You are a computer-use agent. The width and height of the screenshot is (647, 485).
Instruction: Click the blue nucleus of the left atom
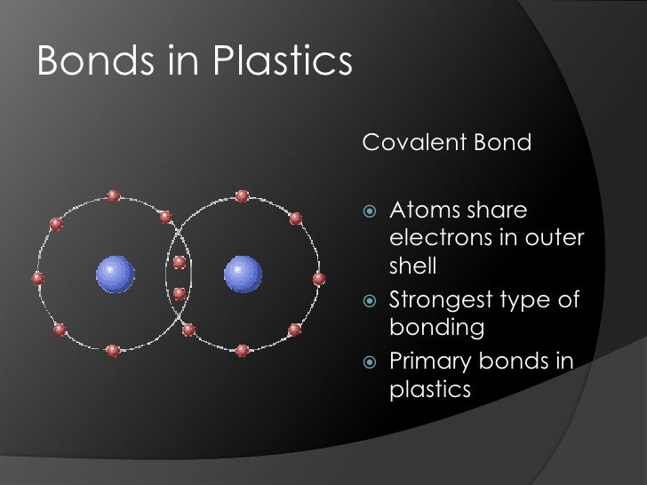click(x=116, y=274)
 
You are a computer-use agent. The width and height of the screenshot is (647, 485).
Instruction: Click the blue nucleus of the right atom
click(x=243, y=274)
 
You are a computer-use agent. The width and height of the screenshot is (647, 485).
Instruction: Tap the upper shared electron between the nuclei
click(x=180, y=262)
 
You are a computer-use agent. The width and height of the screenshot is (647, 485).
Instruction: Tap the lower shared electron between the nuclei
click(x=180, y=293)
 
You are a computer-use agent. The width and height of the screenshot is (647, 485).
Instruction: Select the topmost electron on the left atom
click(x=113, y=196)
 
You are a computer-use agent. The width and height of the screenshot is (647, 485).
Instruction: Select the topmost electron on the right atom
click(x=242, y=196)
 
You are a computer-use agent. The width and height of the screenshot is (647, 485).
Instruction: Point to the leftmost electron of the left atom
click(x=38, y=279)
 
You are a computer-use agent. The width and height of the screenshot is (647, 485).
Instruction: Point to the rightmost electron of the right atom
click(x=319, y=279)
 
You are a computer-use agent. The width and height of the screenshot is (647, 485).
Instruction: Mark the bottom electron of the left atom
click(x=113, y=350)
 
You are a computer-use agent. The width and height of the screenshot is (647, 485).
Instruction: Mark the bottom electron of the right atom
click(x=242, y=350)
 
